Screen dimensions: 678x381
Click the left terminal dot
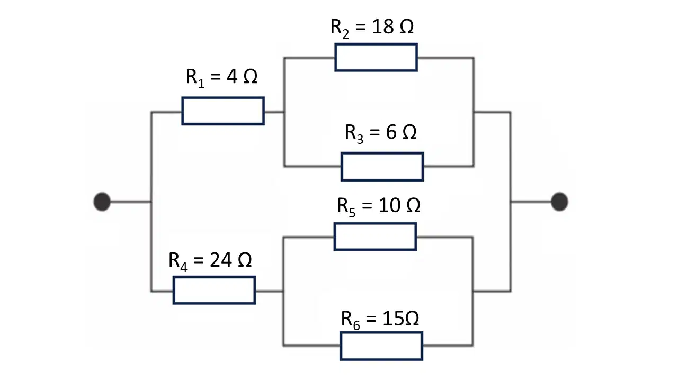pos(102,202)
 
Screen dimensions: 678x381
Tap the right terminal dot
pos(559,202)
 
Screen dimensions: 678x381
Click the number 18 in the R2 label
pos(382,26)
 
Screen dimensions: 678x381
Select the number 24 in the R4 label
pos(221,260)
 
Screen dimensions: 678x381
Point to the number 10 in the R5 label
pos(389,205)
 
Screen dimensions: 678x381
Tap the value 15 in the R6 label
pos(393,319)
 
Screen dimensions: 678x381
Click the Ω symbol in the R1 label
pos(251,76)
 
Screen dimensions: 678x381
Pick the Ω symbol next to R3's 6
pos(409,132)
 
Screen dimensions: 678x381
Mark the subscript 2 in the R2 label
pos(346,34)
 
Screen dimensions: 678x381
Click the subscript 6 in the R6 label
pos(356,325)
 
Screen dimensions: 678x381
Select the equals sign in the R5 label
pos(367,206)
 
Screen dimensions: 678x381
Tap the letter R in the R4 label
pos(174,260)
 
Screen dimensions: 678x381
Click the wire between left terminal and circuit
pos(131,202)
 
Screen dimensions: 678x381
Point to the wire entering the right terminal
pos(531,202)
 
